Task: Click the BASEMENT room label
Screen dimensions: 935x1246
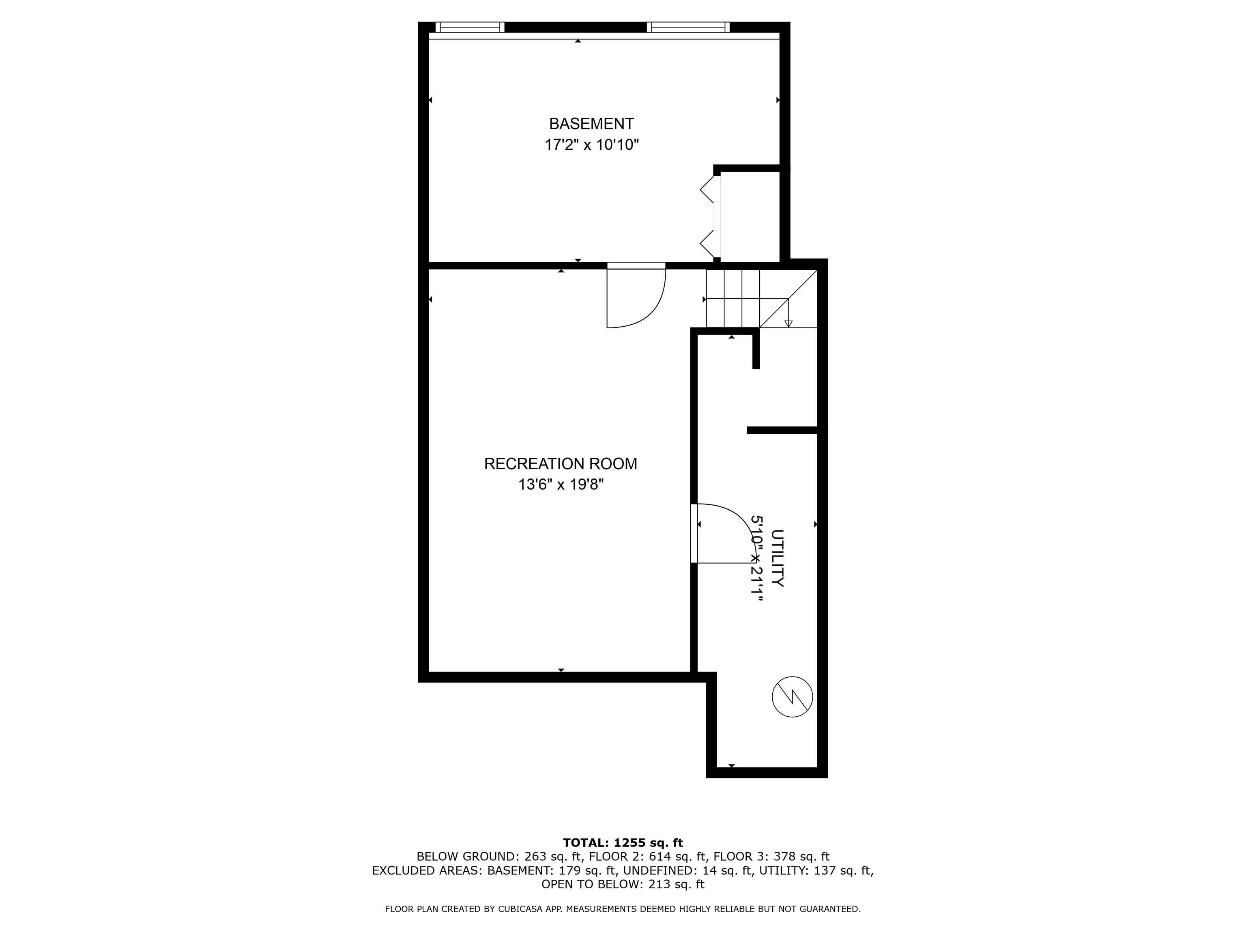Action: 591,123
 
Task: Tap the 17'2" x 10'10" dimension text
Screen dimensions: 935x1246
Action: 591,145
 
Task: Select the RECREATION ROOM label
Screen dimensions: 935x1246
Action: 561,464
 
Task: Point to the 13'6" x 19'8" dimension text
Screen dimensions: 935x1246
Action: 561,485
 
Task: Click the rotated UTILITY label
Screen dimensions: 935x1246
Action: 778,558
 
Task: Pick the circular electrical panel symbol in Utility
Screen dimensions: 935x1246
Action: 792,697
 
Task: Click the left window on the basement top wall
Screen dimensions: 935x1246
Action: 470,27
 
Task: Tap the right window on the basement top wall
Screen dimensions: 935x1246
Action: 688,27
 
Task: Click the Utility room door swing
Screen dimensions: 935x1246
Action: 724,532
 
